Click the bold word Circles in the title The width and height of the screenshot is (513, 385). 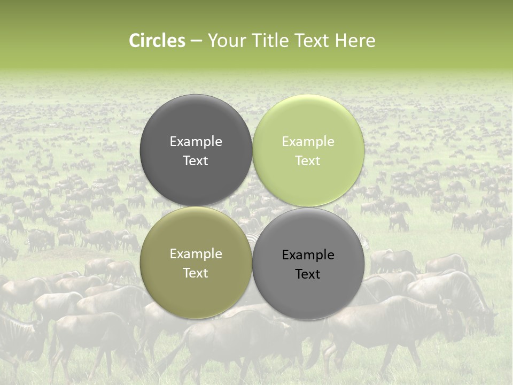pyautogui.click(x=157, y=41)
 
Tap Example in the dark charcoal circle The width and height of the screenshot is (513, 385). pyautogui.click(x=196, y=142)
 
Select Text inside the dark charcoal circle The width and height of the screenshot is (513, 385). pyautogui.click(x=196, y=161)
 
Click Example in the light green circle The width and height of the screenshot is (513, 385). pyautogui.click(x=308, y=142)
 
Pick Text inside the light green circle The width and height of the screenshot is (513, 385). pyautogui.click(x=308, y=161)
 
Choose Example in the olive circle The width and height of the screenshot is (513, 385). pyautogui.click(x=196, y=254)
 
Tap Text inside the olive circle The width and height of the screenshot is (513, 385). pyautogui.click(x=196, y=273)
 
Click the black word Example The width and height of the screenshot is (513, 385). pyautogui.click(x=308, y=255)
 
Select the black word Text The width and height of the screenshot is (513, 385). pyautogui.click(x=308, y=274)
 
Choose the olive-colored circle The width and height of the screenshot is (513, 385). pyautogui.click(x=196, y=291)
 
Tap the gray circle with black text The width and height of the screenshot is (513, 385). pyautogui.click(x=308, y=297)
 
